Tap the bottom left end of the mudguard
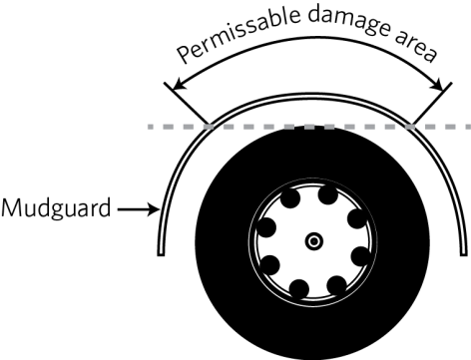pyautogui.click(x=162, y=249)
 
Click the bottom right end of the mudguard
pyautogui.click(x=465, y=249)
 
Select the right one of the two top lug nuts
pyautogui.click(x=335, y=197)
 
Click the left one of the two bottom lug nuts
pyautogui.click(x=296, y=289)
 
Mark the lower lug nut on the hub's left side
pyautogui.click(x=268, y=266)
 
